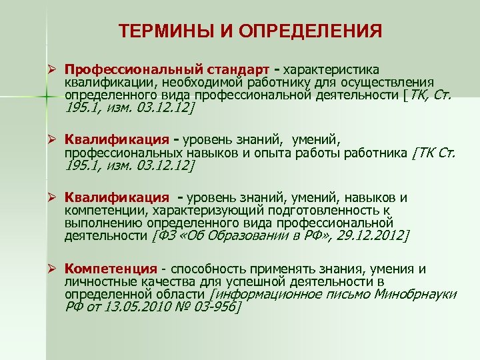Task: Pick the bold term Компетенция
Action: point(111,269)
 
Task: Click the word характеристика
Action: point(331,70)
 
